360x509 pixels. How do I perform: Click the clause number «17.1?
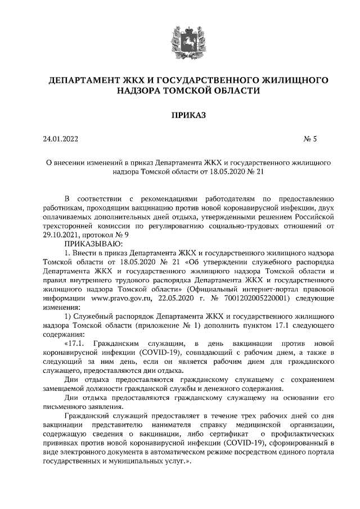[75, 343]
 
